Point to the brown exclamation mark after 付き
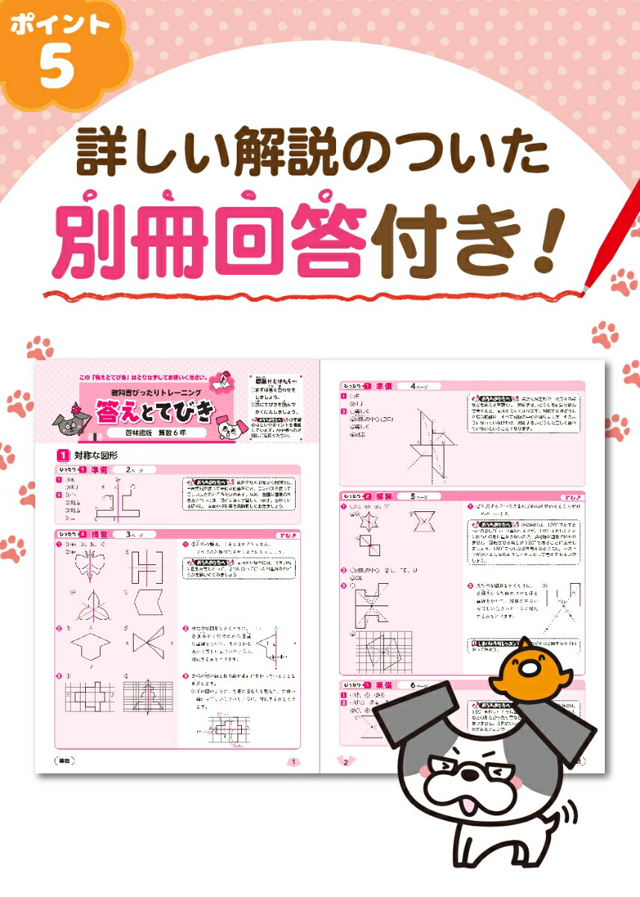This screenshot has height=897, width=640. point(543,235)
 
